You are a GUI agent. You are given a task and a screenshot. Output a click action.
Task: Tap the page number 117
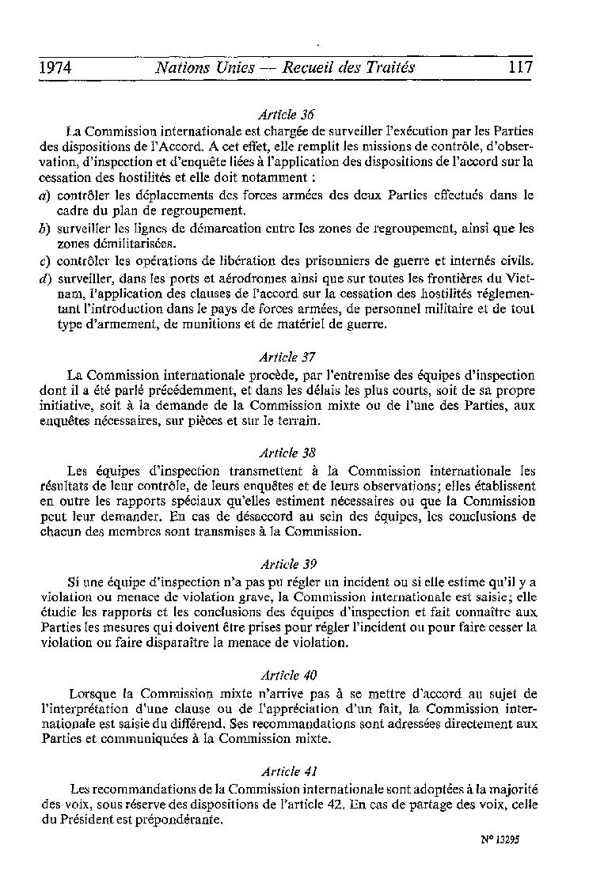pyautogui.click(x=520, y=68)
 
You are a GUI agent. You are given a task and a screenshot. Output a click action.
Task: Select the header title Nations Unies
pyautogui.click(x=198, y=68)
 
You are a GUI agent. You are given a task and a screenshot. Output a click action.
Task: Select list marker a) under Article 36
pyautogui.click(x=44, y=195)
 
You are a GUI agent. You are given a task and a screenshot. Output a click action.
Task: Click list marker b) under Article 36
pyautogui.click(x=44, y=229)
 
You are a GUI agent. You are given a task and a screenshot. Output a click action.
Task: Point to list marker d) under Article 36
pyautogui.click(x=44, y=278)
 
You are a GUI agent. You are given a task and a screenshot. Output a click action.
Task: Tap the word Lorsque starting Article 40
pyautogui.click(x=93, y=694)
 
